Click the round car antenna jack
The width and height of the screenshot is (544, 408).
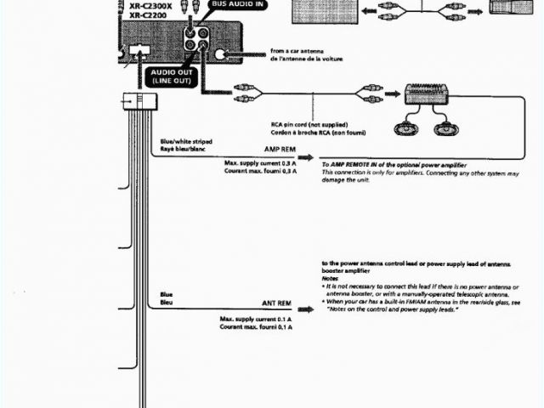point(223,54)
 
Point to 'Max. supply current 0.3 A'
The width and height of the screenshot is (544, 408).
point(261,162)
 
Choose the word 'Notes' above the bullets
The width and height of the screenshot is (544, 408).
point(331,279)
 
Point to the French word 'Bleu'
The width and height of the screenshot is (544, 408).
point(167,302)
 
